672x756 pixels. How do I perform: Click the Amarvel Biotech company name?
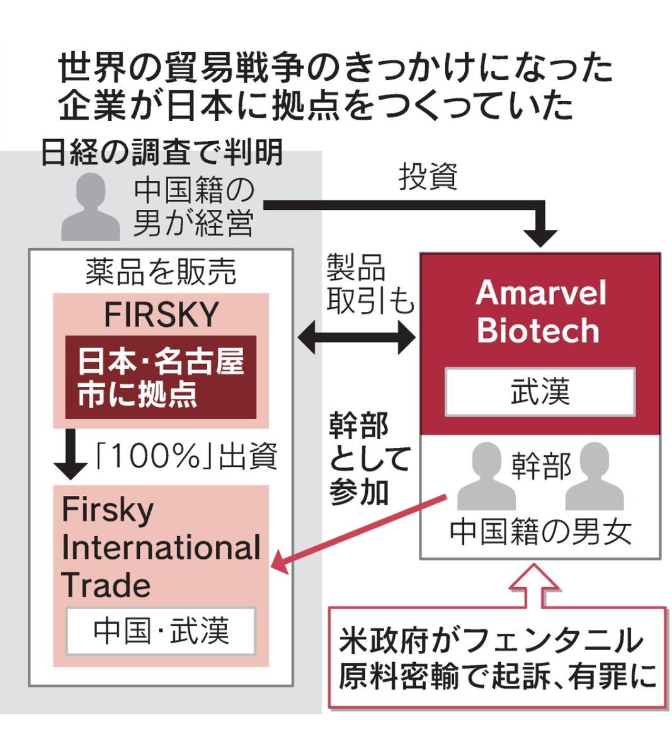pos(540,311)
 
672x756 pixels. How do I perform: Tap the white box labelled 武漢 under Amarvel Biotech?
pos(540,392)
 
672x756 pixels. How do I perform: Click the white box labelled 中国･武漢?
pos(161,631)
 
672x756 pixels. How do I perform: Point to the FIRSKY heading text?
pos(161,314)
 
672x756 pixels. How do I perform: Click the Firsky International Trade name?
pos(161,547)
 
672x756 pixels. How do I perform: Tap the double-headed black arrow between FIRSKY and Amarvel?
pos(356,339)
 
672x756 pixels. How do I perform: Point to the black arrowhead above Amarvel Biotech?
pos(540,236)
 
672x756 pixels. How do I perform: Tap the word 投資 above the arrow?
pos(428,178)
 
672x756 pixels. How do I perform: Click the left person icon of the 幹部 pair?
pos(486,477)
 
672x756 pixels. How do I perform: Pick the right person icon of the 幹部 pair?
pos(595,477)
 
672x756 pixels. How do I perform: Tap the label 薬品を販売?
pos(161,272)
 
